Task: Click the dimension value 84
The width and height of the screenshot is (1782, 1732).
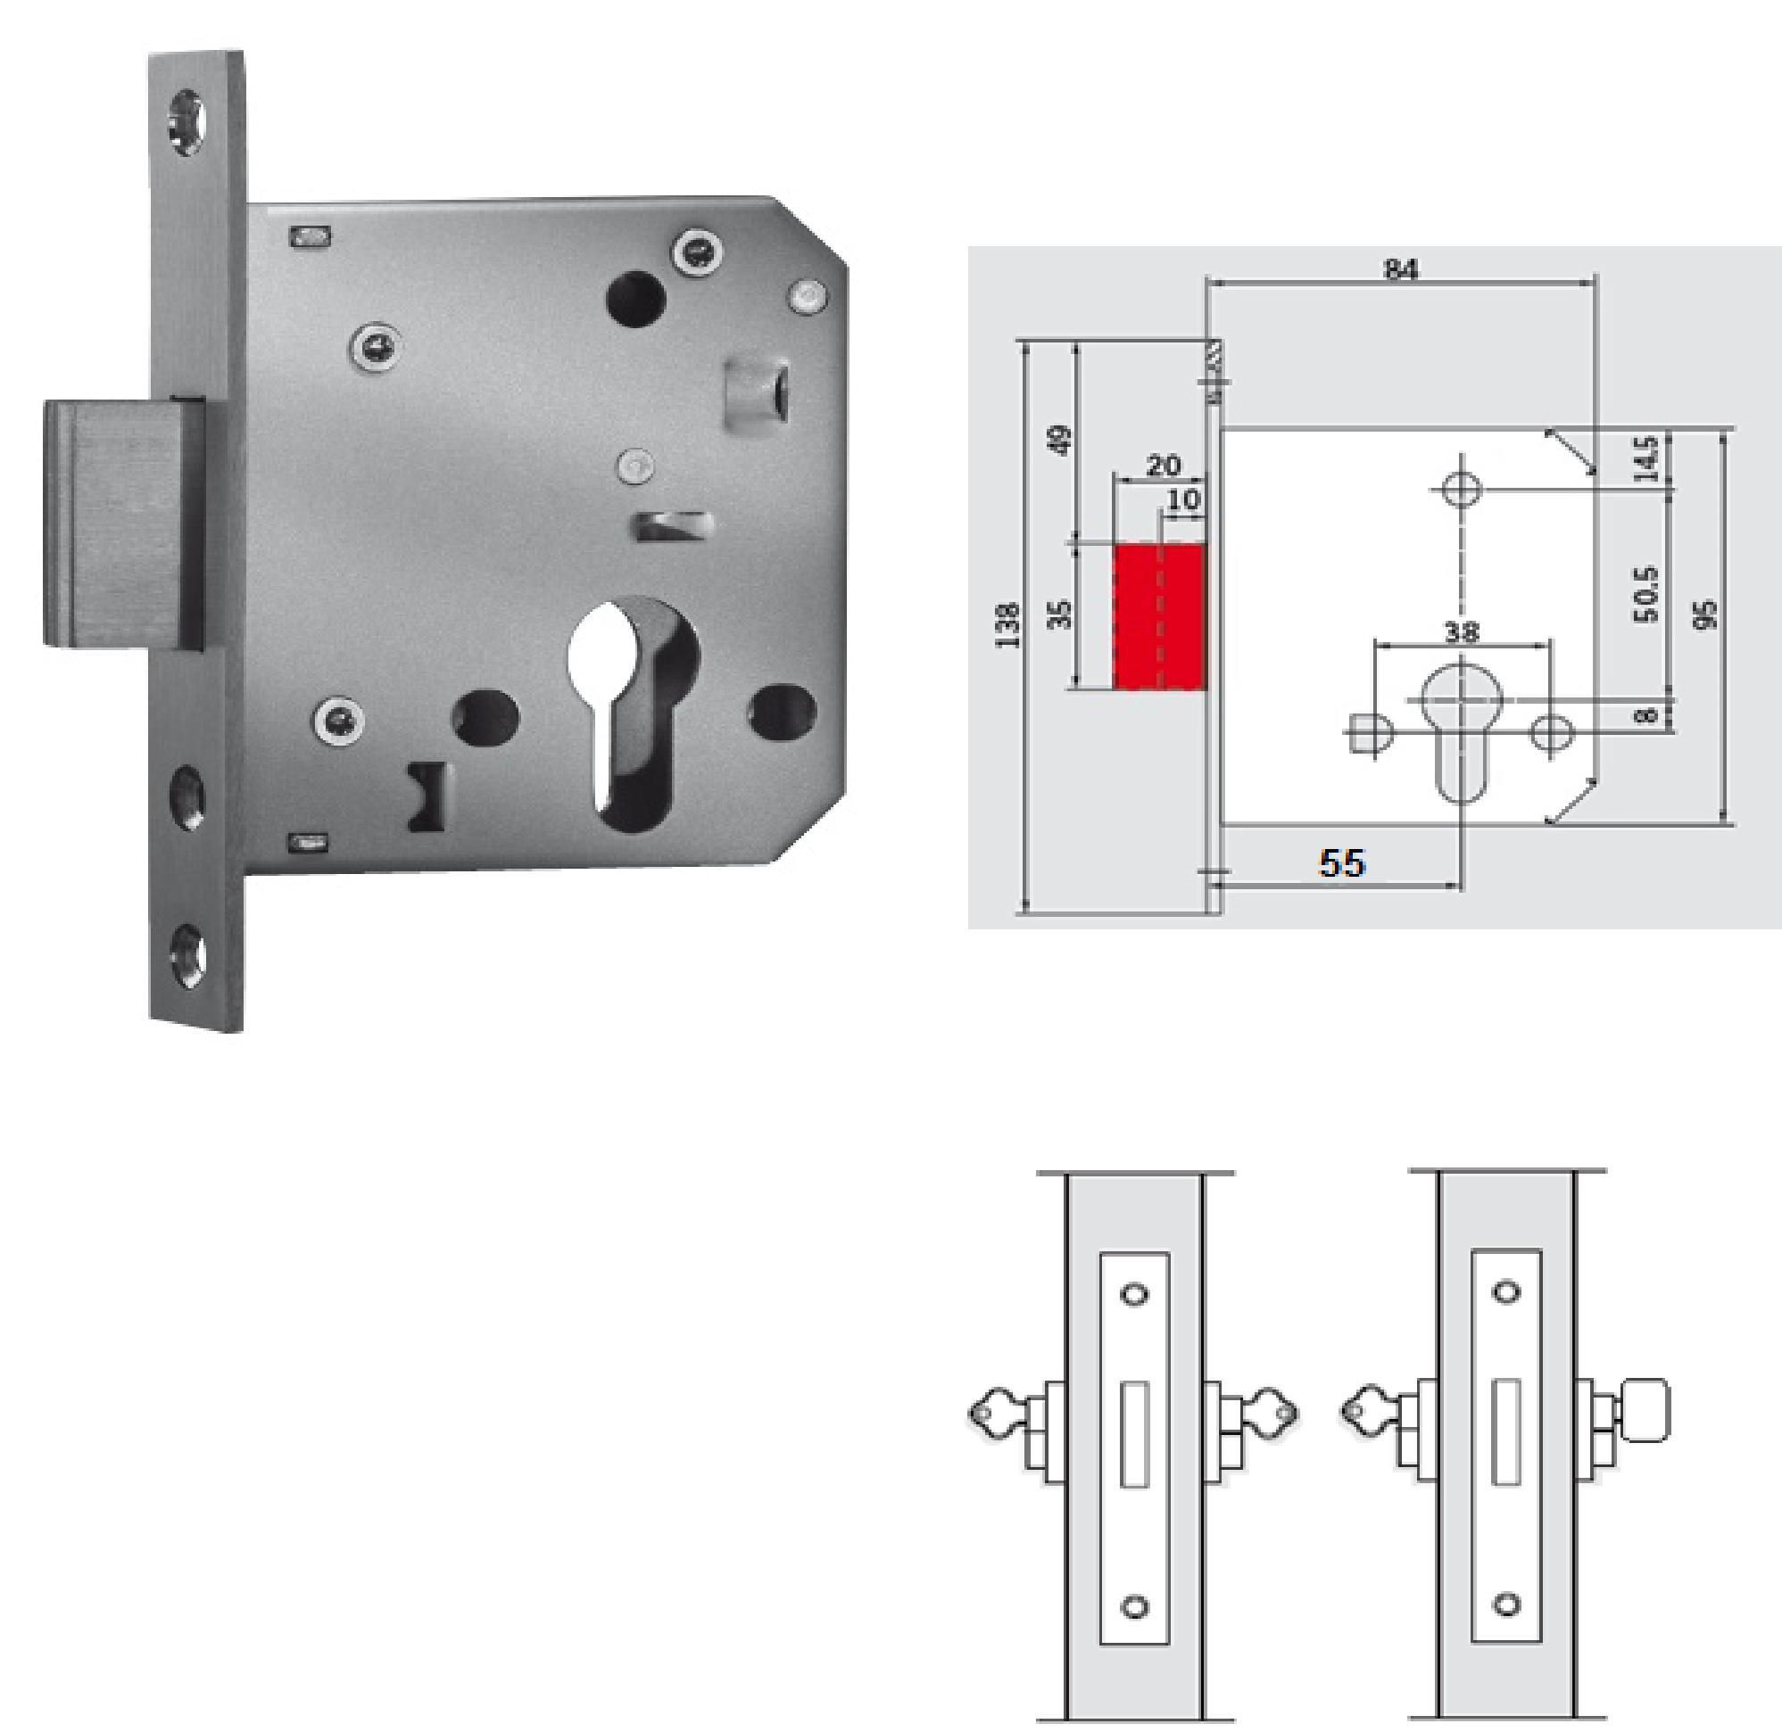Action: click(1401, 270)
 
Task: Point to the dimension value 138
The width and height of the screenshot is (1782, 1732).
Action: click(1007, 625)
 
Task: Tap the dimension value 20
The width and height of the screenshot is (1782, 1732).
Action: click(1162, 466)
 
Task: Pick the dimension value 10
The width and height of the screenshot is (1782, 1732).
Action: click(1183, 499)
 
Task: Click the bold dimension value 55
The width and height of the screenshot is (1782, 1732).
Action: click(1342, 862)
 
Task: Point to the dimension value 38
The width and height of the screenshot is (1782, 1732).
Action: click(1462, 631)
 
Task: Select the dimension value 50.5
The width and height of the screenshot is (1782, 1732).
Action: click(1646, 594)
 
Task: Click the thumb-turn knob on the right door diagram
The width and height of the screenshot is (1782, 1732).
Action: click(1645, 1411)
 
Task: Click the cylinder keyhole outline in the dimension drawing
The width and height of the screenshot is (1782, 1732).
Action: click(1462, 728)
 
